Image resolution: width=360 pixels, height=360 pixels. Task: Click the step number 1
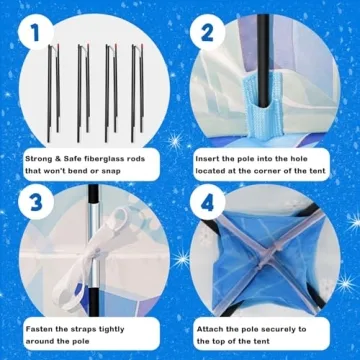34,34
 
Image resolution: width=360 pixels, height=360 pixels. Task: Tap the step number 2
207,33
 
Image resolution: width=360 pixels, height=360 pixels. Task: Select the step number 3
35,202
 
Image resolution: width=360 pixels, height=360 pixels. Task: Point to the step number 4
207,203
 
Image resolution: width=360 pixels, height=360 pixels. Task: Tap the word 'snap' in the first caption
111,171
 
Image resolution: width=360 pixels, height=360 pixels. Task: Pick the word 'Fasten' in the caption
39,329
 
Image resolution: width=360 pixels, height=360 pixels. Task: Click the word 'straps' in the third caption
83,330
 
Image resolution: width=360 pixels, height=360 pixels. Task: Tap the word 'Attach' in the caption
209,329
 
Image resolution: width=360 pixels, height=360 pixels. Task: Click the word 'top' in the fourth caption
227,342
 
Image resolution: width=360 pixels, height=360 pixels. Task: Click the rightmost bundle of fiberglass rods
137,92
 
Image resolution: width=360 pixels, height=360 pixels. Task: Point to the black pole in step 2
263,61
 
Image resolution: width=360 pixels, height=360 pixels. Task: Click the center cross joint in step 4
264,263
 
